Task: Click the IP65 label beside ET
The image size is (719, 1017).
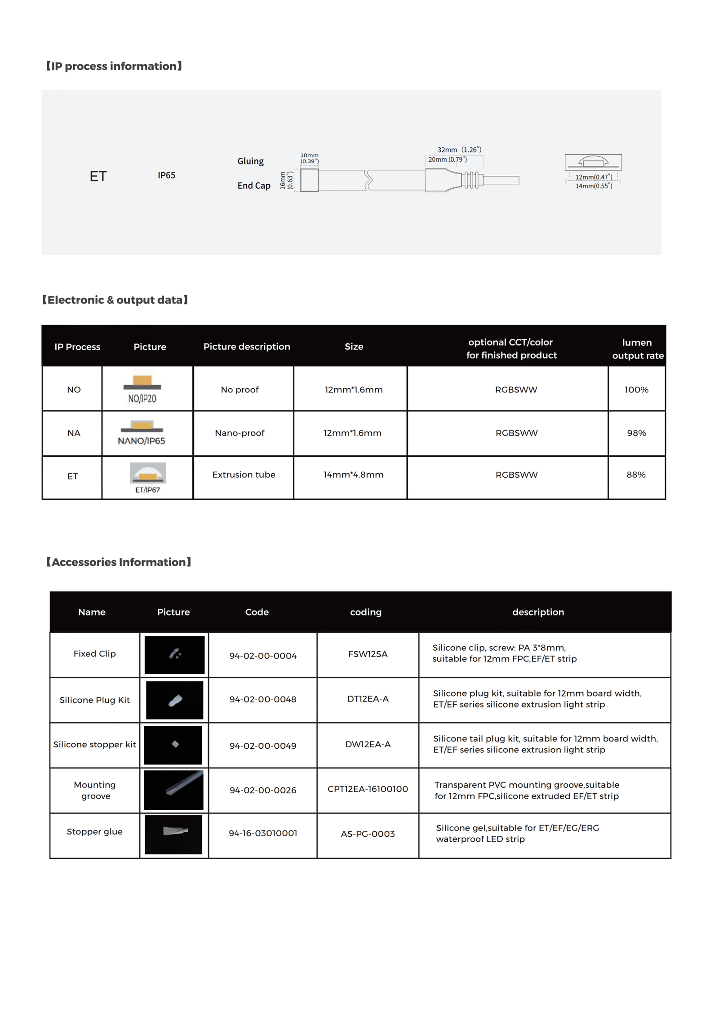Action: [x=166, y=175]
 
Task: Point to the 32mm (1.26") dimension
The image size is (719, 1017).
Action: [x=459, y=150]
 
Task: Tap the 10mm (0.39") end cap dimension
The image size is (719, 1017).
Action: [x=309, y=158]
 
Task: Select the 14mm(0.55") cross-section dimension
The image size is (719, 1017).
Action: [x=593, y=186]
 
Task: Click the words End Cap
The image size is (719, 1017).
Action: [x=254, y=186]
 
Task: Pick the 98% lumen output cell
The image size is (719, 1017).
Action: [x=636, y=433]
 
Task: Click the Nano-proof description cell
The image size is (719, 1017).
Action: [x=240, y=433]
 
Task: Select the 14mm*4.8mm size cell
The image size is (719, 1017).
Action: [x=353, y=475]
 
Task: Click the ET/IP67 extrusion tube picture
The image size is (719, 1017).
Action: [x=148, y=477]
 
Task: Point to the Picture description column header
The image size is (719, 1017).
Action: [x=247, y=346]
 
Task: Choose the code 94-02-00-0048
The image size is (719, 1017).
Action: [x=263, y=699]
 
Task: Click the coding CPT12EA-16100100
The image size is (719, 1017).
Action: [x=368, y=789]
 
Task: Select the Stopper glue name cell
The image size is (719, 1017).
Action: [x=94, y=831]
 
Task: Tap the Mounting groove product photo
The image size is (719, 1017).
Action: [x=173, y=790]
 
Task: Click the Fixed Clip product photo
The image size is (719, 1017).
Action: [x=174, y=654]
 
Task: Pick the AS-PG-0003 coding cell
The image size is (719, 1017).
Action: [x=368, y=834]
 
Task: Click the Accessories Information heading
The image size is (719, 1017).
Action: [x=119, y=562]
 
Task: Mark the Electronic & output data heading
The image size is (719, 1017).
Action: [x=115, y=300]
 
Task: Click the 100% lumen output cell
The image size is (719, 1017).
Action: [x=636, y=390]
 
